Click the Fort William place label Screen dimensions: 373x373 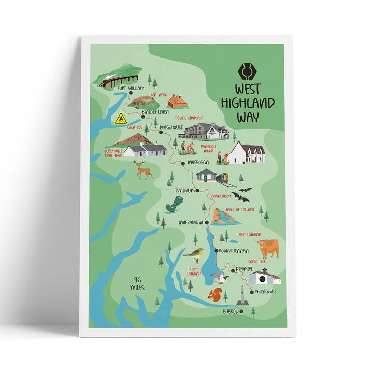131,89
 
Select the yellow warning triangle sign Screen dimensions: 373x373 121,119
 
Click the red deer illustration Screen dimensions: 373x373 142,169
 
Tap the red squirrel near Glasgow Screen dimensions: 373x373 213,295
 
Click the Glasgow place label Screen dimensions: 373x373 231,311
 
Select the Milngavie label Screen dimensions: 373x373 266,291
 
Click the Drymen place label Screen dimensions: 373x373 243,269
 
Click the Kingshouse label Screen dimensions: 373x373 172,127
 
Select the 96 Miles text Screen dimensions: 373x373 138,283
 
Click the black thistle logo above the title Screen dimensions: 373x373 247,71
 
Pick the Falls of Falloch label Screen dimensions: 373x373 240,209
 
